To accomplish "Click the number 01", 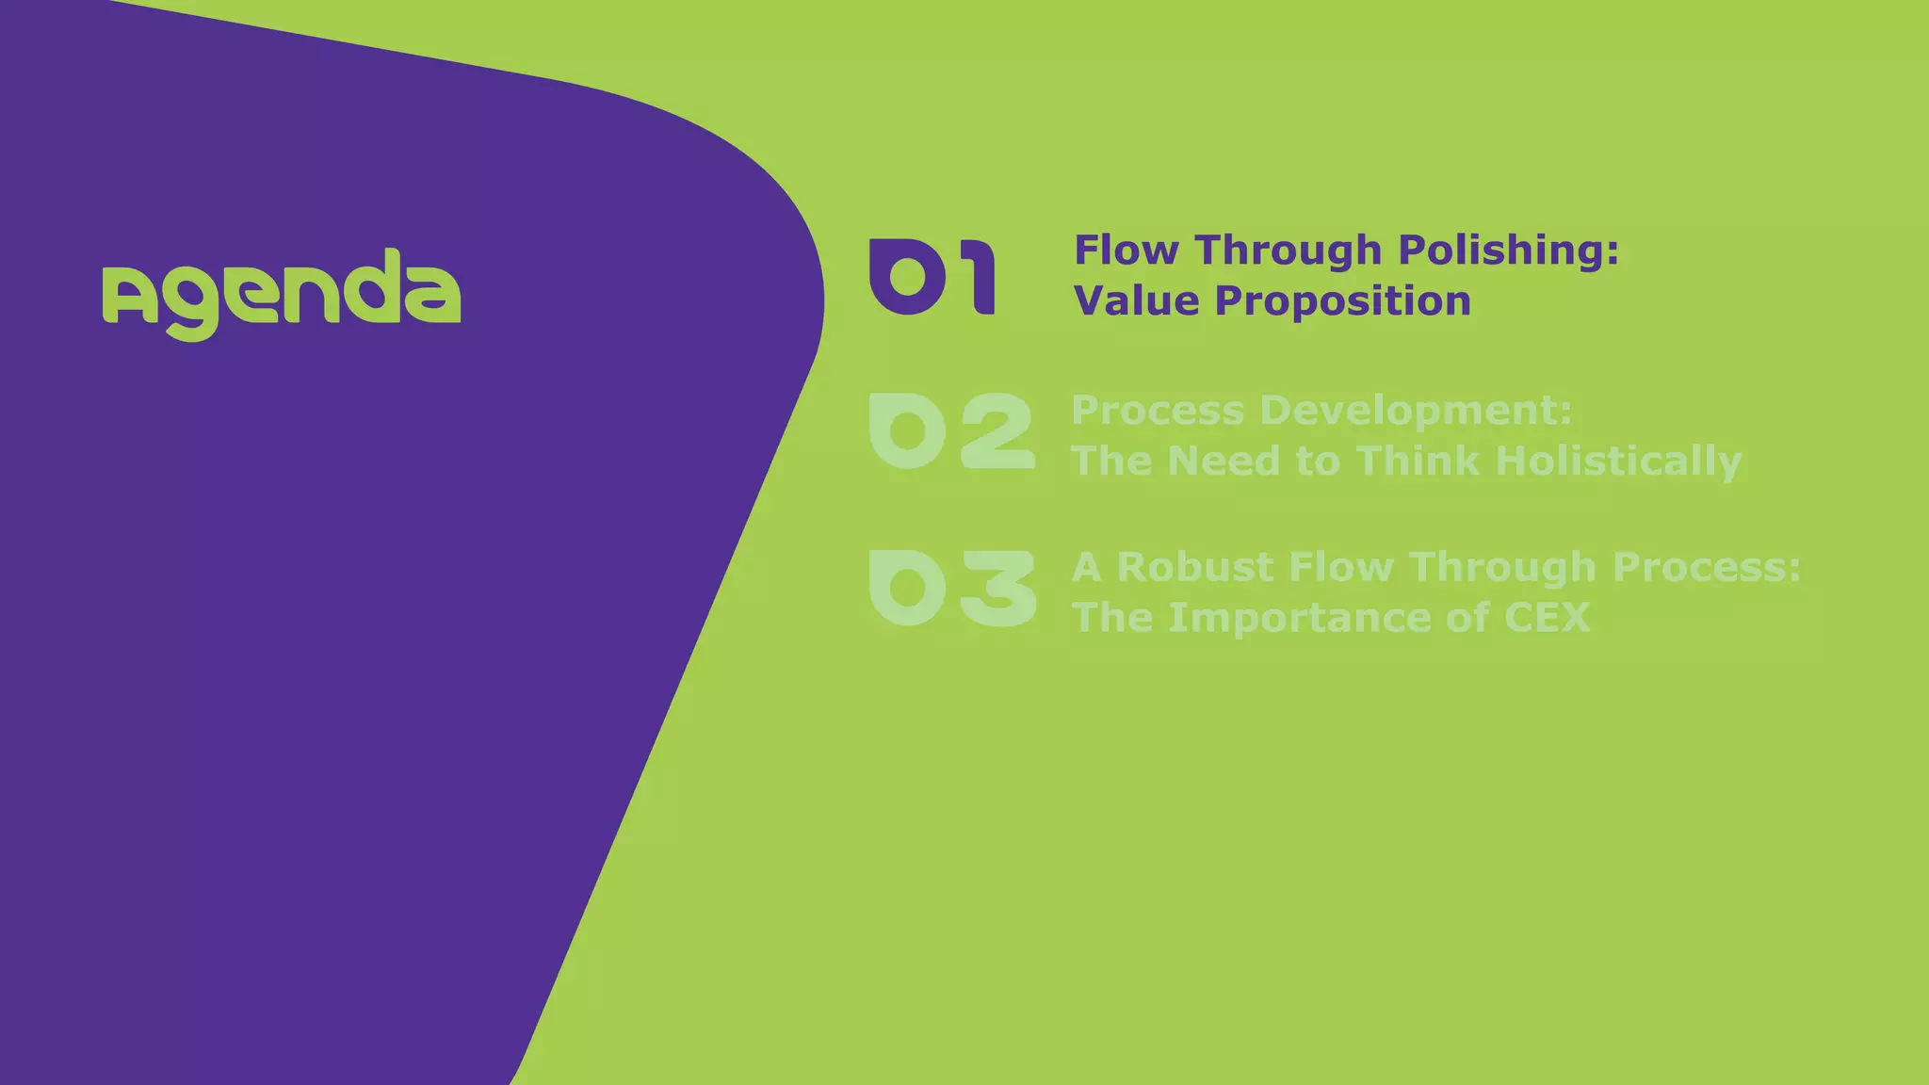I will tap(932, 276).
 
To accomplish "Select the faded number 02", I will tap(951, 431).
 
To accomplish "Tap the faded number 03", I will tap(952, 588).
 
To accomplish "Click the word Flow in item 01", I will tap(1127, 251).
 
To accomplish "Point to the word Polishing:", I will tap(1508, 251).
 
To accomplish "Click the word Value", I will tap(1137, 301).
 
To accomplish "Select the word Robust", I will tap(1195, 567).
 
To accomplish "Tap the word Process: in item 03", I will tap(1706, 567).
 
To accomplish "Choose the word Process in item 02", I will tap(1158, 411).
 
